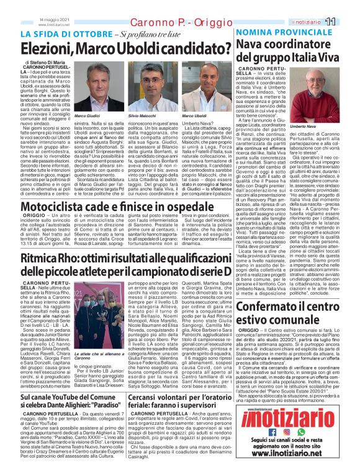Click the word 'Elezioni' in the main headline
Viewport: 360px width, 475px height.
click(49, 46)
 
